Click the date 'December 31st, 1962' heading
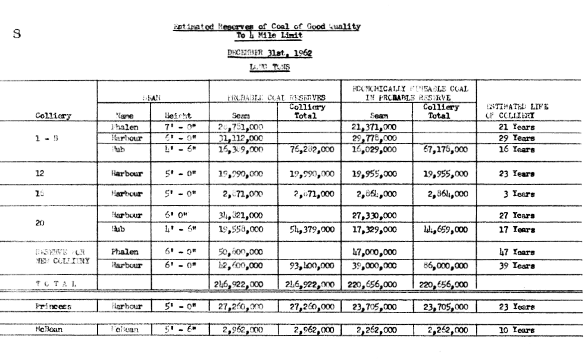270,54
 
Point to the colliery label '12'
41,173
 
